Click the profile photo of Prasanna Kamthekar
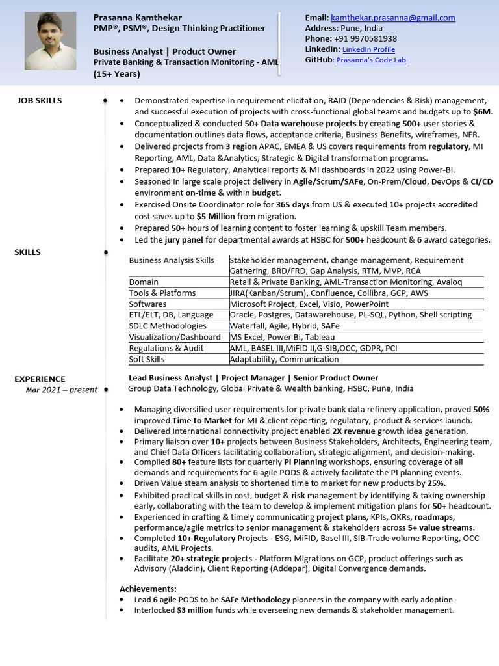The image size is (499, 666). coord(50,41)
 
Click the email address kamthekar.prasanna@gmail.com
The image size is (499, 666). coord(393,18)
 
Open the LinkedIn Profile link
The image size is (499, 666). coord(368,49)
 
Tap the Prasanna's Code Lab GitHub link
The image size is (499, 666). coord(371,60)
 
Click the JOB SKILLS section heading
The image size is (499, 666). coord(40,101)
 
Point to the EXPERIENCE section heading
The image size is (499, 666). coord(40,379)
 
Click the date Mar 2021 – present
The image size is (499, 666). coord(62,390)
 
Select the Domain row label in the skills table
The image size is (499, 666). coord(144,282)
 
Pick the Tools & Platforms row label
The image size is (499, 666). coord(162,293)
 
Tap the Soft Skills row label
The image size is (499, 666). coord(147,359)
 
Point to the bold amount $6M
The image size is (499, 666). coord(482,111)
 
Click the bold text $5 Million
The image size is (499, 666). coord(216,216)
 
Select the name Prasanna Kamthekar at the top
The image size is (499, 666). coord(138,17)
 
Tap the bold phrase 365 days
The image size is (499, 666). coord(293,204)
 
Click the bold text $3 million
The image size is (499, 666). coord(195,610)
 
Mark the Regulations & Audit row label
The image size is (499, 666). coord(165,348)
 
